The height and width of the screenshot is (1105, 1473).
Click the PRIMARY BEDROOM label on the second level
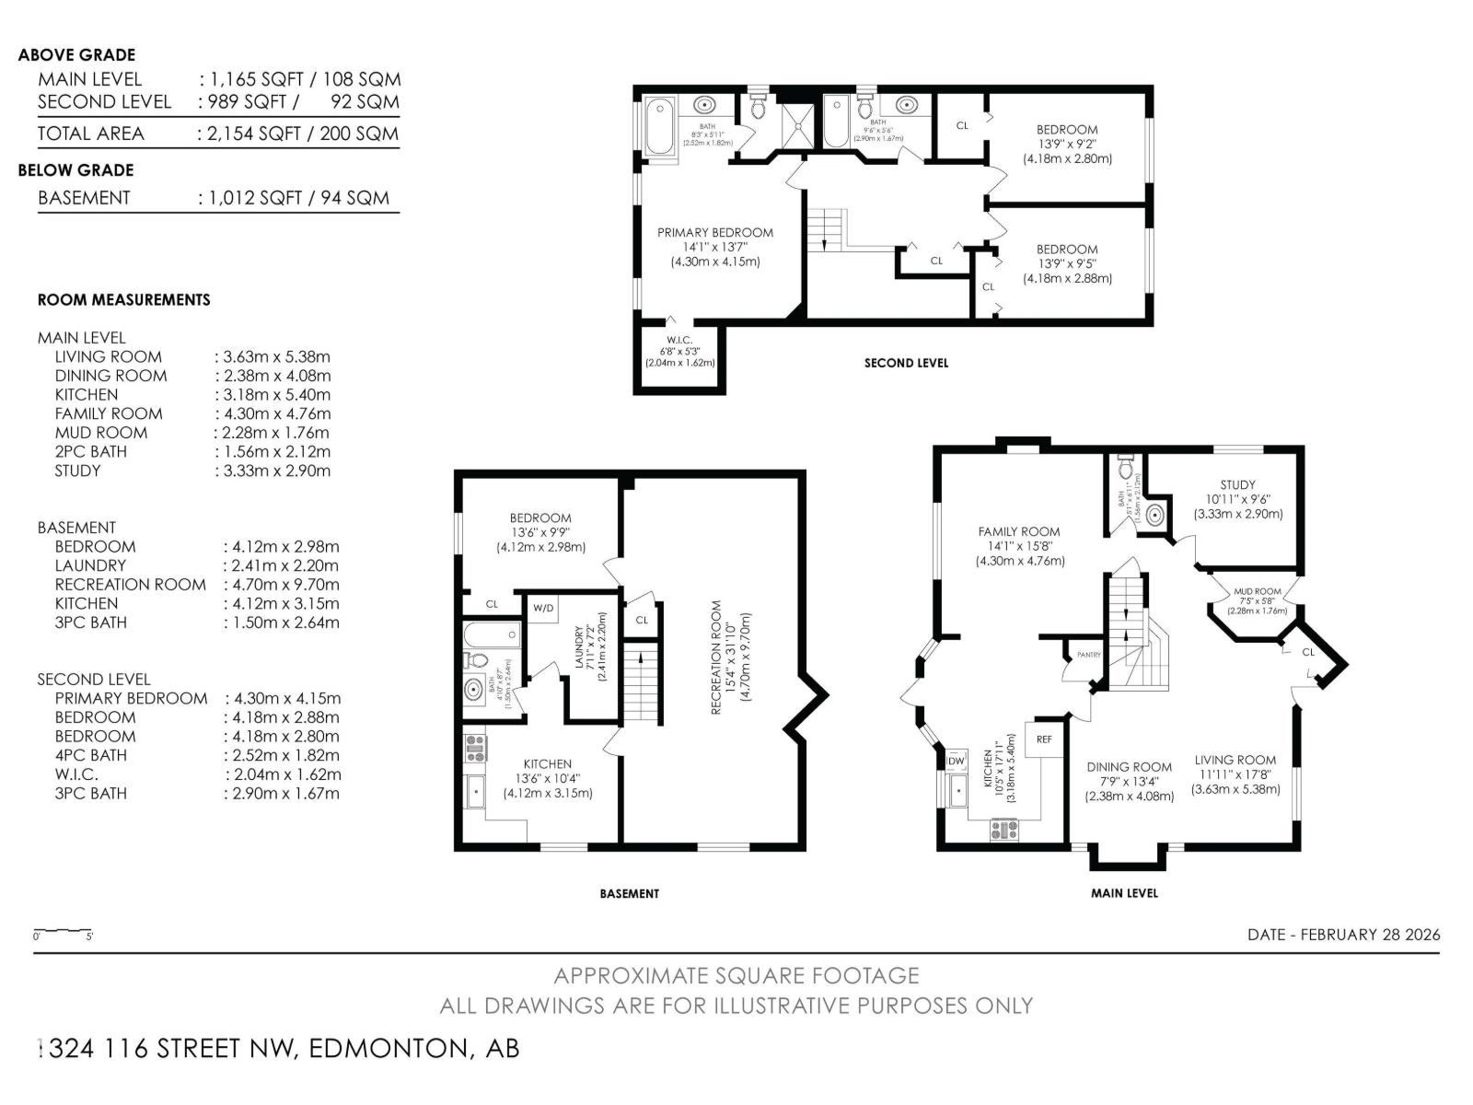pyautogui.click(x=714, y=233)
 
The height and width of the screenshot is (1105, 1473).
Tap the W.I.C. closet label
pyautogui.click(x=679, y=341)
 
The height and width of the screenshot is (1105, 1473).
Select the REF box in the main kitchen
pyautogui.click(x=1043, y=739)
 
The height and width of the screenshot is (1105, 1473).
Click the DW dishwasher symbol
pyautogui.click(x=956, y=761)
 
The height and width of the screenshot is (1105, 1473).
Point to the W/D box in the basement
pyautogui.click(x=543, y=608)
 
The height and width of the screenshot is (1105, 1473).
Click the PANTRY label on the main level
pyautogui.click(x=1088, y=655)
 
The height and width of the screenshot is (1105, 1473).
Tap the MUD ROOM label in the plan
pyautogui.click(x=1257, y=592)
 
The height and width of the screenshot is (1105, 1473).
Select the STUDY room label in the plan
pyautogui.click(x=1237, y=485)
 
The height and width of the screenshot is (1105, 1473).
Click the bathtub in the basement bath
pyautogui.click(x=492, y=634)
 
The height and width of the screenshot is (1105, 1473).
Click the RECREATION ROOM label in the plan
pyautogui.click(x=716, y=657)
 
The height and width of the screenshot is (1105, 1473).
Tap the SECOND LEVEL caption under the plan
pyautogui.click(x=906, y=363)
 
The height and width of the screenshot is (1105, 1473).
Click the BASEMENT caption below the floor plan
pyautogui.click(x=629, y=893)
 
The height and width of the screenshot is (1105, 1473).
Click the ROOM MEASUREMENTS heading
pyautogui.click(x=123, y=300)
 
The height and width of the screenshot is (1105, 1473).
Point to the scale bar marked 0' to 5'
pyautogui.click(x=63, y=933)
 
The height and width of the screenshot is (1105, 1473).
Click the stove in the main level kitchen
pyautogui.click(x=1004, y=830)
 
